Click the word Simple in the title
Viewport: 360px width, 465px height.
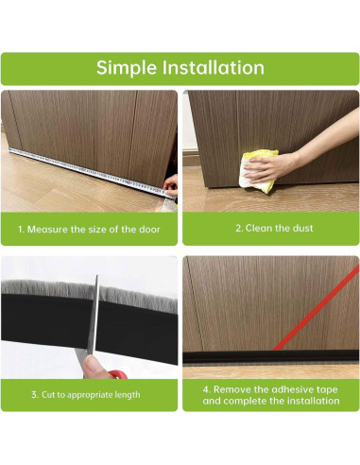127,68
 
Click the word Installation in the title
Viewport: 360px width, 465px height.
214,67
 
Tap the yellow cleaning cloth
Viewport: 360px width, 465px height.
258,171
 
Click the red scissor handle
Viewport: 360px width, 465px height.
118,374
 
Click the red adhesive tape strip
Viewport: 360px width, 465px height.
316,308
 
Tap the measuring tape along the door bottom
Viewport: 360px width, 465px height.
92,173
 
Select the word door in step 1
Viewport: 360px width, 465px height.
149,229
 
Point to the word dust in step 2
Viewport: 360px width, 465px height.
302,228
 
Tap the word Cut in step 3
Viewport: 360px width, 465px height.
48,394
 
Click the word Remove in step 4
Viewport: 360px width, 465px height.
232,389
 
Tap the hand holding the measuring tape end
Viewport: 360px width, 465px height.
171,185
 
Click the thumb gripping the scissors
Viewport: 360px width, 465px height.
94,367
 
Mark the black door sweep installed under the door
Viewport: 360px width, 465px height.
271,357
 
